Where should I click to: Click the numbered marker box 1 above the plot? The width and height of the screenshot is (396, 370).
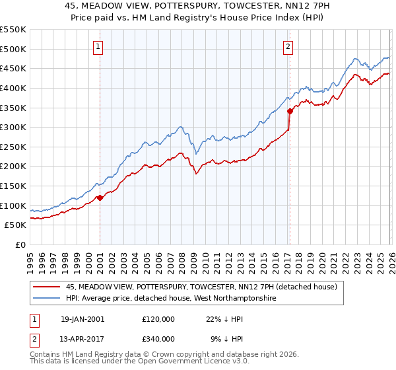(x=98, y=46)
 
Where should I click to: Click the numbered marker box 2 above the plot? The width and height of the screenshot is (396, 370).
(x=289, y=46)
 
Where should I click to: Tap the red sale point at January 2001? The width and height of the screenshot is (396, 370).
(x=100, y=197)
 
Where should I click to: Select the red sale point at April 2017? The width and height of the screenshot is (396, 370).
(x=289, y=111)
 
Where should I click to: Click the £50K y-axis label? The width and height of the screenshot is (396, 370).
(x=16, y=225)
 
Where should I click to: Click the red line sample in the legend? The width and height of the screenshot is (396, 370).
(x=48, y=287)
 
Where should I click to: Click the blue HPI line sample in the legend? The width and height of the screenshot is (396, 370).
(x=48, y=299)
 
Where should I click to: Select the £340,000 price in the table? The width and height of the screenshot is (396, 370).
(x=158, y=339)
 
